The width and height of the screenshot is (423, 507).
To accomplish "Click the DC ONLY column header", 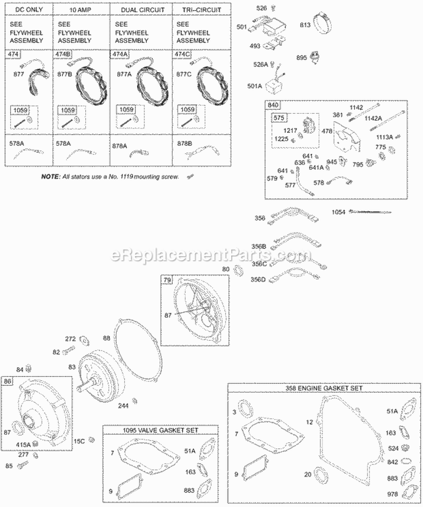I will pyautogui.click(x=29, y=10).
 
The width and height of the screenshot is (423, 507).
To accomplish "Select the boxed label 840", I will pyautogui.click(x=274, y=105).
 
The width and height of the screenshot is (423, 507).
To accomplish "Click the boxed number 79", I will pyautogui.click(x=167, y=281).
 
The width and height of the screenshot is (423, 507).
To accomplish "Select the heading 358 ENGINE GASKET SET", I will pyautogui.click(x=324, y=389).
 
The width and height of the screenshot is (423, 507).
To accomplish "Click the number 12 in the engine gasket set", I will pyautogui.click(x=309, y=421).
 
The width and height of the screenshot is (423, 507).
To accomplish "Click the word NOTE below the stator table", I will pyautogui.click(x=51, y=177).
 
